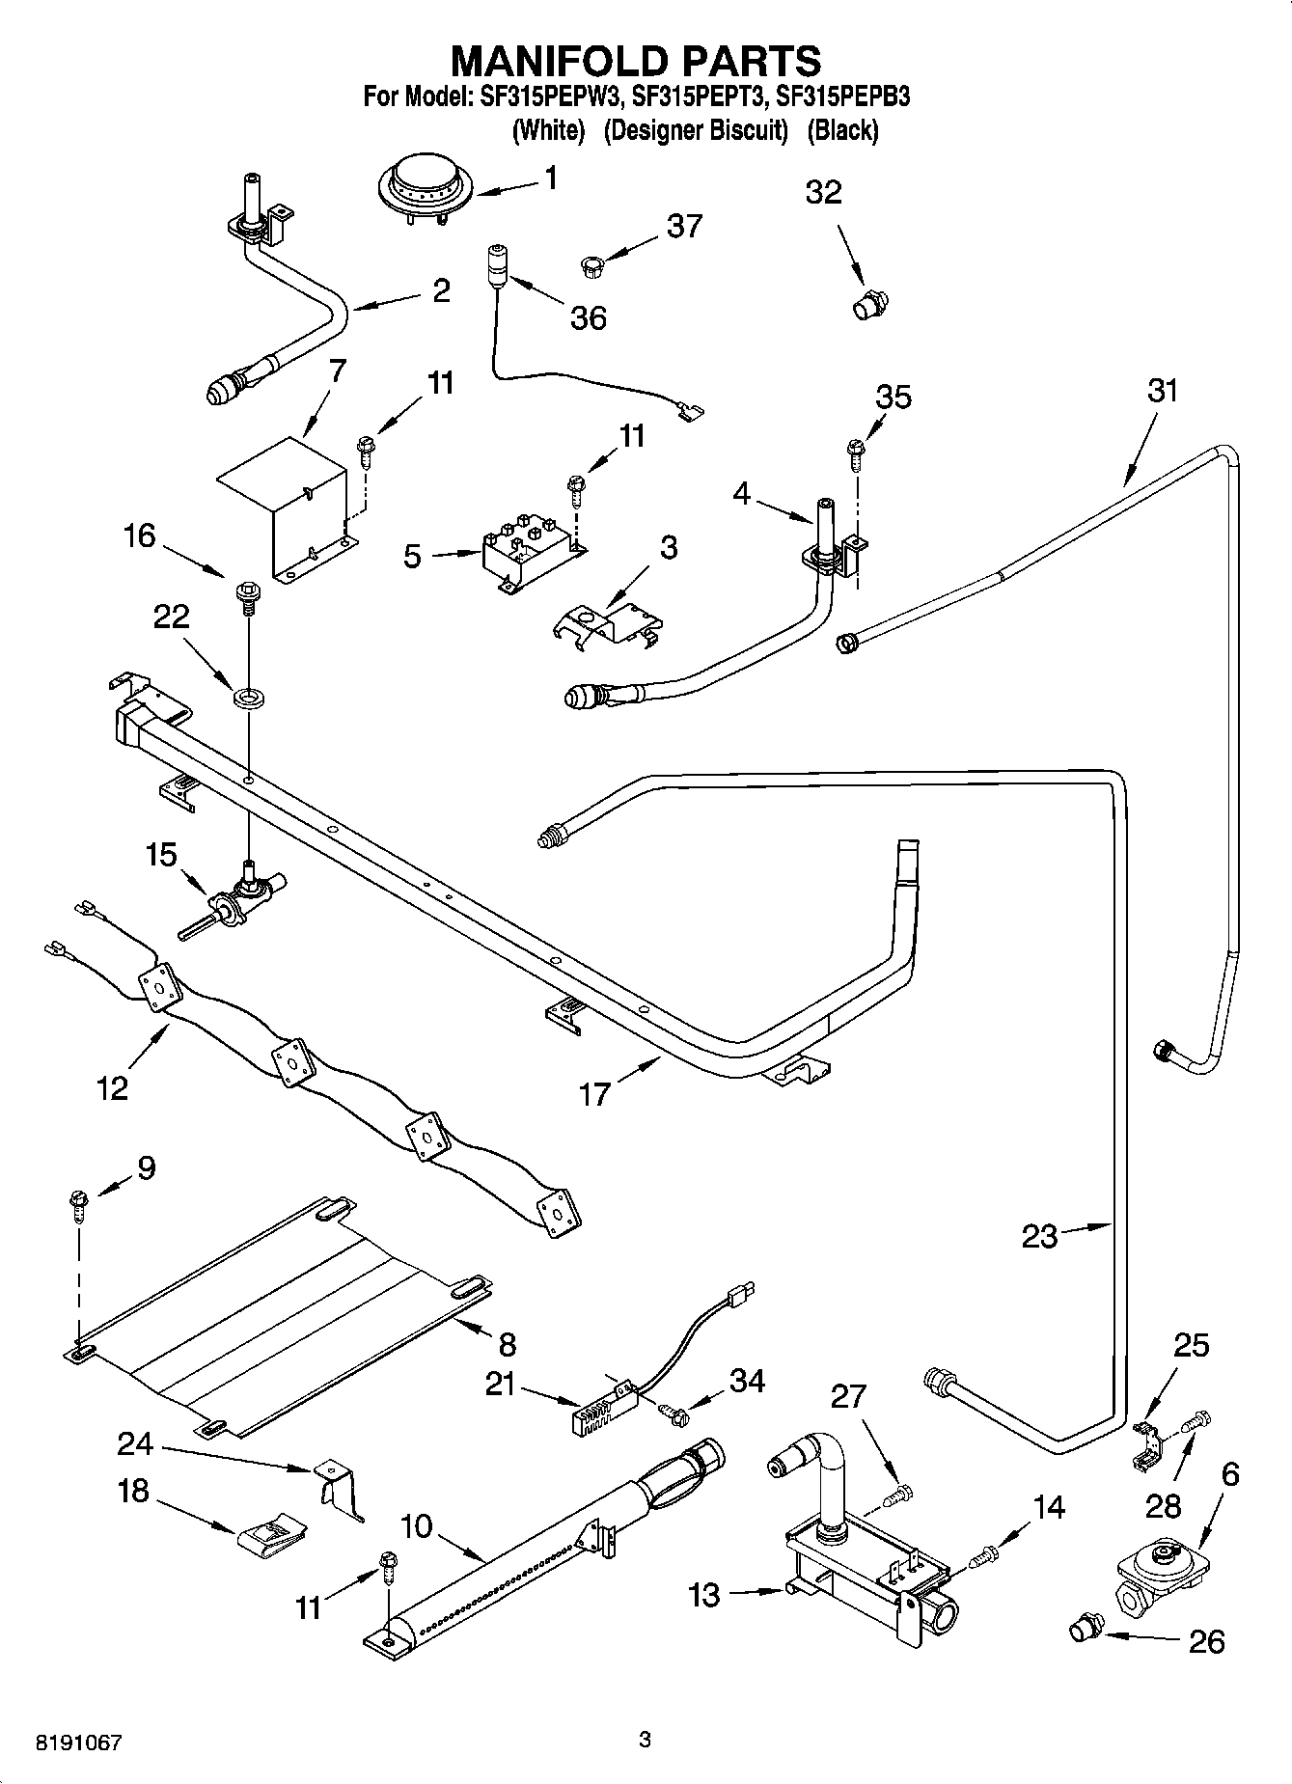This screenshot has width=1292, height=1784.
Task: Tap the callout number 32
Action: pyautogui.click(x=823, y=192)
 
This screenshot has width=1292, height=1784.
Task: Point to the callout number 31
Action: pyautogui.click(x=1163, y=391)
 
